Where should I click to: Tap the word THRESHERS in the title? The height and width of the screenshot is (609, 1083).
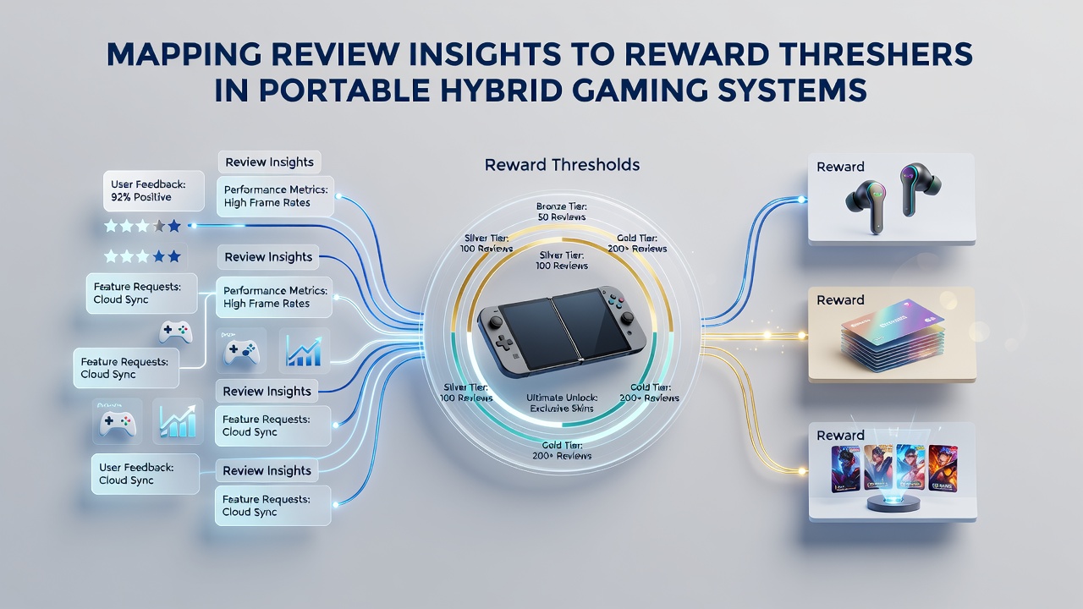pos(869,55)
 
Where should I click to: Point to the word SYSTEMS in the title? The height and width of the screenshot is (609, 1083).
pos(792,90)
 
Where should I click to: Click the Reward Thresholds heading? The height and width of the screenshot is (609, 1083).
pos(562,165)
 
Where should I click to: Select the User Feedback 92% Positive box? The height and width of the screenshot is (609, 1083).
pos(154,191)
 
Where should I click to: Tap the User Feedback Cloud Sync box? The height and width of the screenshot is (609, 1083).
pos(145,474)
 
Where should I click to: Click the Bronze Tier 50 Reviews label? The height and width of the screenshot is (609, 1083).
pos(561,211)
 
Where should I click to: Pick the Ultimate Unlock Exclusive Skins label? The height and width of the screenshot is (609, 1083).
pos(561,403)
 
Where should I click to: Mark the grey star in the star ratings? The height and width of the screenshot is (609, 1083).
pos(158,226)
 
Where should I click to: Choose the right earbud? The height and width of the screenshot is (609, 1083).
pos(919,189)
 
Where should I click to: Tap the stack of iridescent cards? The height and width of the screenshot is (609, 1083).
pos(893,335)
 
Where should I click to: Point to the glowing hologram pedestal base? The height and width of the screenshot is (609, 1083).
pos(893,502)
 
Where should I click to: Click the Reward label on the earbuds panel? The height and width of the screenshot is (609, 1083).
pos(840,167)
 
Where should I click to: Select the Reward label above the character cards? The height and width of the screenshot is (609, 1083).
pos(840,435)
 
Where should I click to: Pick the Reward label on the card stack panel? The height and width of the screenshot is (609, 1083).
pos(840,300)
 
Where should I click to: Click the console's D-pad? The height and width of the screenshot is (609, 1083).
pos(505,343)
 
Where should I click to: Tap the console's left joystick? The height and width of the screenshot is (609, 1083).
pos(495,321)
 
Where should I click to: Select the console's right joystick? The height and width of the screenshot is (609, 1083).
pos(627,317)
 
